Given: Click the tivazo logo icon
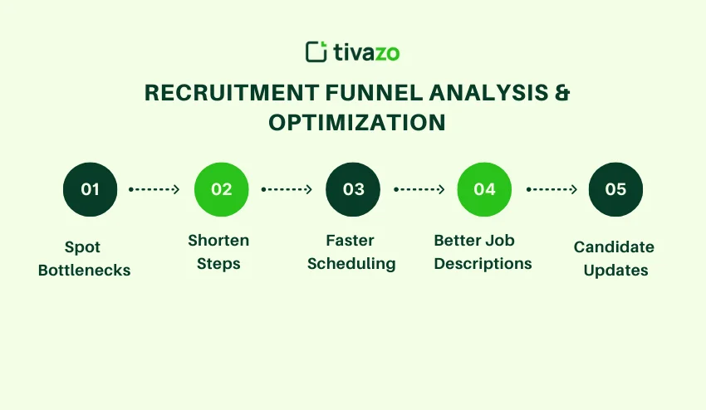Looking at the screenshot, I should pos(316,51).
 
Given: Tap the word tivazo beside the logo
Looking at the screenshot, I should pos(366,52).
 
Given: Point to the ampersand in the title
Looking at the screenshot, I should pos(562,92).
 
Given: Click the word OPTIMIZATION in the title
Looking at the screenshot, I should pos(356,122).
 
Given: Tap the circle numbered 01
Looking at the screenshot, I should pos(90,189).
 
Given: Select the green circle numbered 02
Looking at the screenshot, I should pos(222,189).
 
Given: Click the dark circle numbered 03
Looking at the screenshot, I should pos(353,189).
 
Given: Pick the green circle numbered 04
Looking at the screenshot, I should pos(484,189).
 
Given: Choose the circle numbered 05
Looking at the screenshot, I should pos(615,189).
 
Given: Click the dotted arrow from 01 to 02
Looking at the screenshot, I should pos(155,189).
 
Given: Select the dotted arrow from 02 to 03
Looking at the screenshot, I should pos(287,189).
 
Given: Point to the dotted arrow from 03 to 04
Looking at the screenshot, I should pos(419,189).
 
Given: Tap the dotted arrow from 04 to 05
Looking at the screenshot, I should pos(550,189).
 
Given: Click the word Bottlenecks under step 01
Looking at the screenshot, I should pos(84,271).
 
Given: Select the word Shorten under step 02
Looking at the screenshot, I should pos(218,241).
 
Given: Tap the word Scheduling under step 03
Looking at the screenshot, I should pos(351,264).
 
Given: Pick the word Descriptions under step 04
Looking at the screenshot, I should pos(483,264).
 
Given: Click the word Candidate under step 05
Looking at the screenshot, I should pos(614,247).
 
